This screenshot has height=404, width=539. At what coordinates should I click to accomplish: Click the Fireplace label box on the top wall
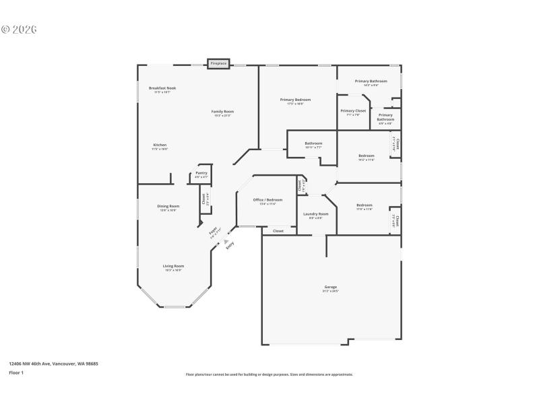[218, 63]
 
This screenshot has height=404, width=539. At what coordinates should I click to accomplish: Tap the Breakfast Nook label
[162, 88]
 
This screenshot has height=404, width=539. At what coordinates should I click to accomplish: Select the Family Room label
[222, 112]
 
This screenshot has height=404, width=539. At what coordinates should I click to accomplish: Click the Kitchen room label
[160, 145]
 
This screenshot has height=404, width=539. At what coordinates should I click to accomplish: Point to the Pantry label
[201, 174]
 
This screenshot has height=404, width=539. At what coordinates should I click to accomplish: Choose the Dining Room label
[168, 207]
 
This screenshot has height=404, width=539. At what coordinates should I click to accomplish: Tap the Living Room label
[173, 267]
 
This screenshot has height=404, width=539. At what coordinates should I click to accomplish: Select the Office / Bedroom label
[267, 201]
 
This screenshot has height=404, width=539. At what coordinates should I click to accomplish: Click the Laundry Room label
[315, 214]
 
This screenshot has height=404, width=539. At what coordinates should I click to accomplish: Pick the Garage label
[330, 288]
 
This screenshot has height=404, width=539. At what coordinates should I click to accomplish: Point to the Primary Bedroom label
[295, 100]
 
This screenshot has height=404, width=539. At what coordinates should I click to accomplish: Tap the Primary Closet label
[353, 111]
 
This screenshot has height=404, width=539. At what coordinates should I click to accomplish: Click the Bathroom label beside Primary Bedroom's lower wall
[313, 143]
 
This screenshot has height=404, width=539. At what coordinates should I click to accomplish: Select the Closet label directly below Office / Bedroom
[278, 231]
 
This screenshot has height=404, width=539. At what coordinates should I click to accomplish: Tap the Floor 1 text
[16, 372]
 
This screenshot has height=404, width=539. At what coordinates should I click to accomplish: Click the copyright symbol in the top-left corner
[5, 30]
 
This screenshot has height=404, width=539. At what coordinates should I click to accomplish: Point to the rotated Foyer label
[214, 231]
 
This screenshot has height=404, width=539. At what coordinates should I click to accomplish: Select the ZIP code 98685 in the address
[91, 363]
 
